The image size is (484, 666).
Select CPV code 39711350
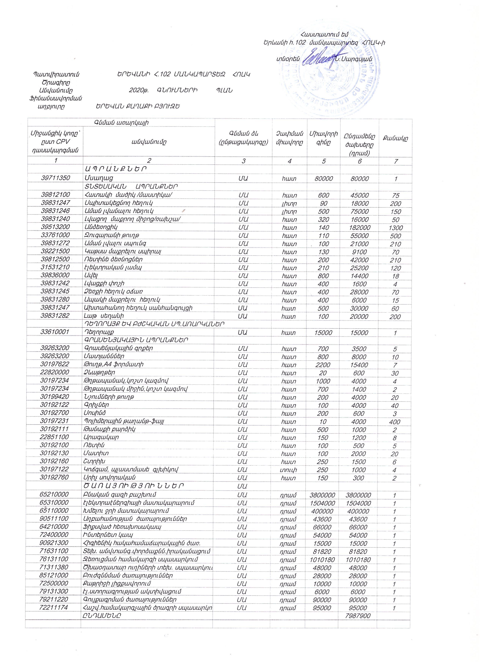(56, 178)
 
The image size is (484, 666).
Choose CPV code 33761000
(56, 235)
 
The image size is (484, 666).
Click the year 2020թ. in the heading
(138, 91)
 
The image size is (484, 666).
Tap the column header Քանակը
(395, 138)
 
